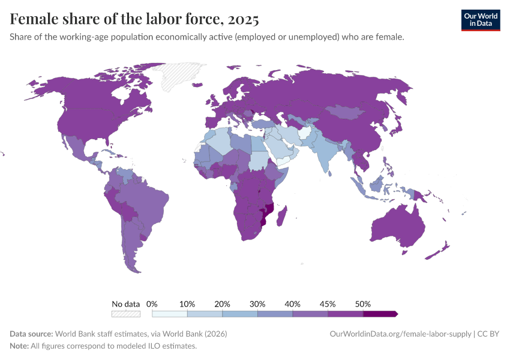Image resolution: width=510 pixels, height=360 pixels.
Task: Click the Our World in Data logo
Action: click(480, 20)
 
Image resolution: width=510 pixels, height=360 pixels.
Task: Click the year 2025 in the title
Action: click(242, 19)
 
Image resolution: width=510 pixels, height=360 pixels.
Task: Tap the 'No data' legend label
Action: click(125, 304)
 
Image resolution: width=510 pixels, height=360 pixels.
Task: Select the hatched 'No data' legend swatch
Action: click(125, 314)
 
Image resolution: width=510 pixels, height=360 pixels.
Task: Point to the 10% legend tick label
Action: click(187, 304)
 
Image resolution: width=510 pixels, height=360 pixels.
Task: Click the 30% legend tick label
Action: click(257, 304)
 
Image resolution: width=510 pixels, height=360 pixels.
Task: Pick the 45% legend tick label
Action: click(328, 304)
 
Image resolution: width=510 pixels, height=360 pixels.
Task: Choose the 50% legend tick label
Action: click(362, 304)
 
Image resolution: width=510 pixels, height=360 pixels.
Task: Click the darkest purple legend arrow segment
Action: click(380, 314)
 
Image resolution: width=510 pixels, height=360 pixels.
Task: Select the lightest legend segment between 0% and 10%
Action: click(170, 314)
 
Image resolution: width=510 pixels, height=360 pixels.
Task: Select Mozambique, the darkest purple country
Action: click(268, 213)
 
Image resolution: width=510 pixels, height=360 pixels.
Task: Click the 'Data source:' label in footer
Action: click(31, 334)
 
